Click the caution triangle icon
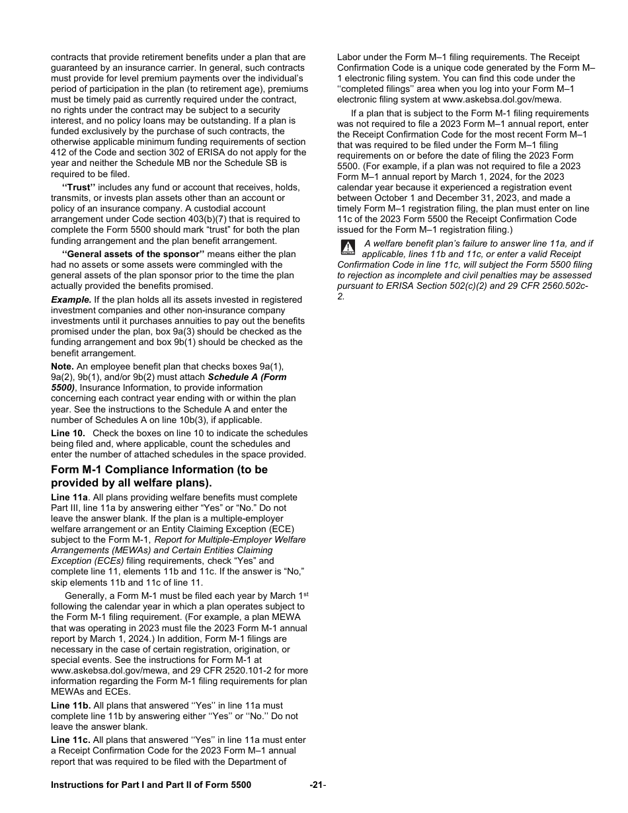click(x=348, y=247)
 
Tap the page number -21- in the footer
click(x=318, y=785)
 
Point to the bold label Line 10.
click(x=68, y=433)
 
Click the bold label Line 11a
click(x=69, y=497)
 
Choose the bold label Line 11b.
click(x=71, y=705)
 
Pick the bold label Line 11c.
click(x=71, y=740)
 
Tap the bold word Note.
click(x=62, y=366)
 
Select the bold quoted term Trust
click(x=79, y=187)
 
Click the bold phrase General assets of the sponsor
click(x=133, y=254)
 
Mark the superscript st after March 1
click(x=306, y=594)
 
